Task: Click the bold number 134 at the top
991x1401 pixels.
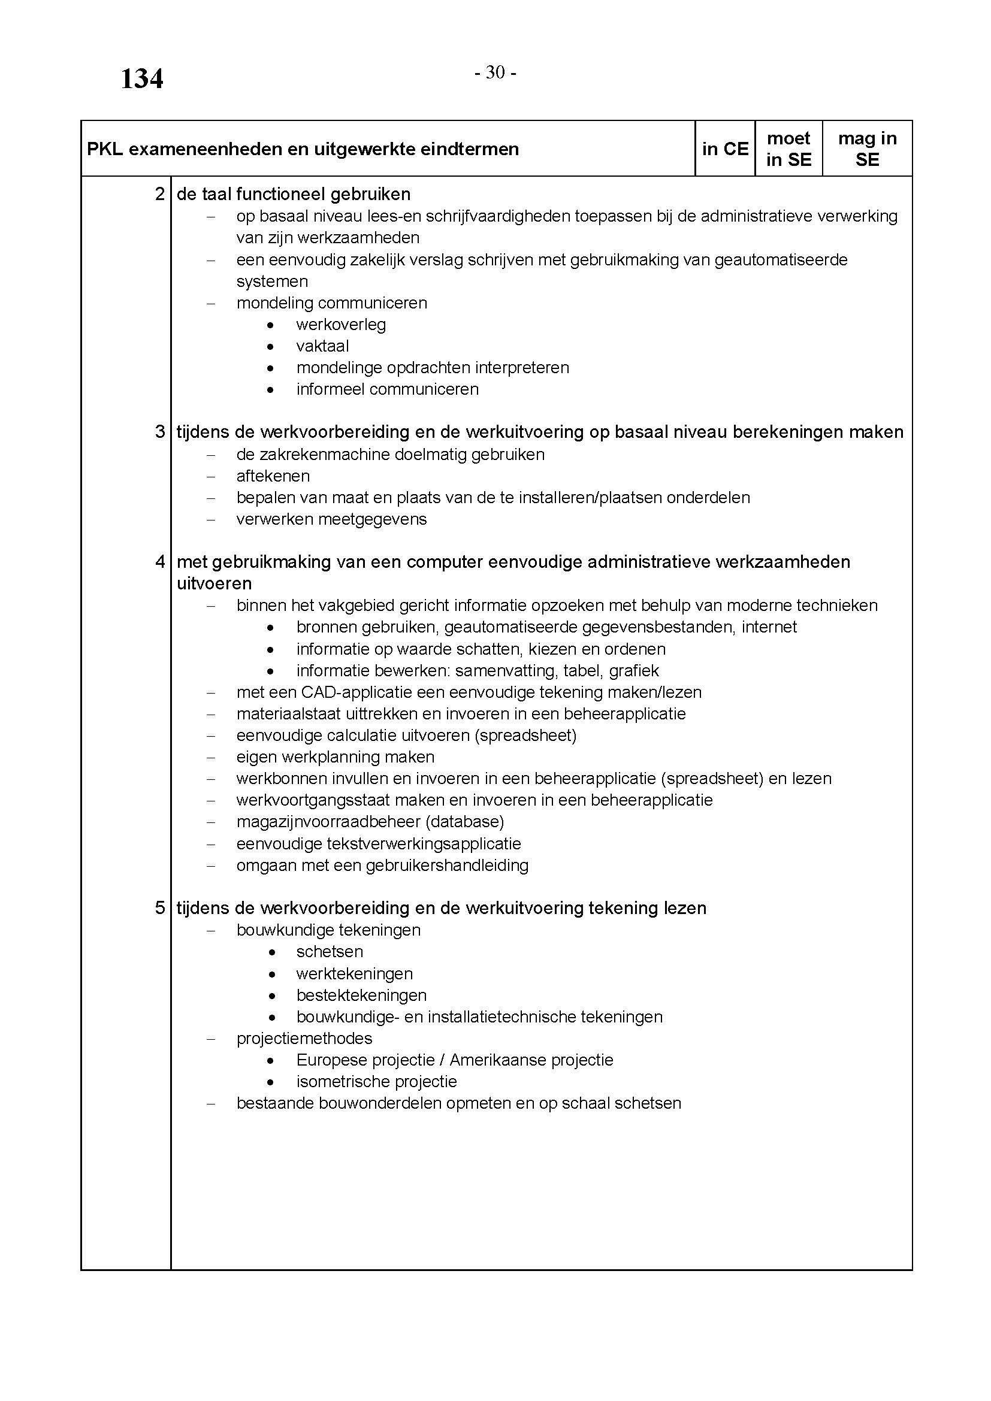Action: (141, 79)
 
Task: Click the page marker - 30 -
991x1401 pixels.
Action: (496, 73)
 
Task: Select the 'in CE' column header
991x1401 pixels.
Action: (725, 149)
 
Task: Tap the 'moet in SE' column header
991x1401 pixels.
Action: (788, 149)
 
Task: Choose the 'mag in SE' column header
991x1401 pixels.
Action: (867, 149)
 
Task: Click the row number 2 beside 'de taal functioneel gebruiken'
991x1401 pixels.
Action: (160, 195)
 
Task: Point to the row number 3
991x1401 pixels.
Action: (160, 432)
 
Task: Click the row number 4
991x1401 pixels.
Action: (160, 562)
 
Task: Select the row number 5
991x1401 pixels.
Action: (160, 908)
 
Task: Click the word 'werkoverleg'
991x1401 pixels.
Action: (341, 325)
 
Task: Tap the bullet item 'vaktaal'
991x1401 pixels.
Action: (323, 346)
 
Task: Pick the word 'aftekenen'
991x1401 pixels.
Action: (273, 476)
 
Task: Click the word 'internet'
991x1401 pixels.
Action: (769, 627)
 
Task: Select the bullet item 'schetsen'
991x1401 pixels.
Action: (330, 951)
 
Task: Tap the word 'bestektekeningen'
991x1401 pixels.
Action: (361, 995)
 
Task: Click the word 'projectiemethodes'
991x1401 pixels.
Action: (304, 1038)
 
